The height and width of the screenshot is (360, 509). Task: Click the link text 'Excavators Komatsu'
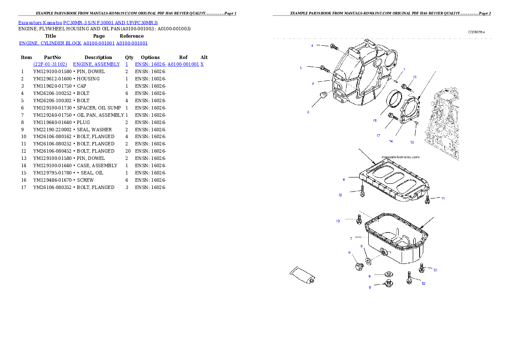40,23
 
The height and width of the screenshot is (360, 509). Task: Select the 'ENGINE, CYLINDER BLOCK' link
50,44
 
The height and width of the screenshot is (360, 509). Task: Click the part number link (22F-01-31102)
50,64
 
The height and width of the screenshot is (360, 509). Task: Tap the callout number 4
312,45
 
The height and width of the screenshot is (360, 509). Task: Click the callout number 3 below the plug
308,112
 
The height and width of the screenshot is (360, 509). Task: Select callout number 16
414,77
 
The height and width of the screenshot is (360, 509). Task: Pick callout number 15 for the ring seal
374,121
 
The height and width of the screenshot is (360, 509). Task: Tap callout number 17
378,136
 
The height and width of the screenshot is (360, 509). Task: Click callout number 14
391,141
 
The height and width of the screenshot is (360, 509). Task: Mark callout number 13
412,142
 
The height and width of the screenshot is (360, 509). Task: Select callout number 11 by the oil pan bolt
443,198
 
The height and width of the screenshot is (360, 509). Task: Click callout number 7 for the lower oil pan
351,238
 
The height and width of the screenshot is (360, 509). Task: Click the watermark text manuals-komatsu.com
400,157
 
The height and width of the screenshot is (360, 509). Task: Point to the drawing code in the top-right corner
476,32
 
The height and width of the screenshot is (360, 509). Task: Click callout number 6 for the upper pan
343,180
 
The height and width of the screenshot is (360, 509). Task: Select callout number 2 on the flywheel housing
313,84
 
